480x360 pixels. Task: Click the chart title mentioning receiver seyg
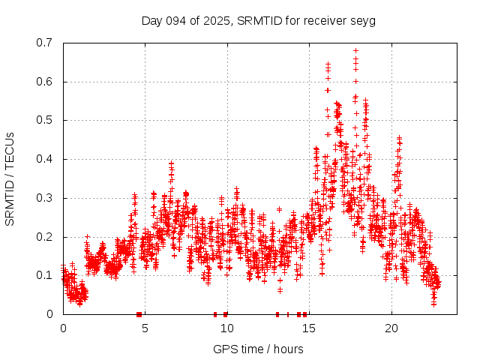point(258,20)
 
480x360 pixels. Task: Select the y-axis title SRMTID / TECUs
point(10,179)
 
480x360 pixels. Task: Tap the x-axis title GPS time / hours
point(258,349)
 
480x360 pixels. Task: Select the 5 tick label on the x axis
point(145,328)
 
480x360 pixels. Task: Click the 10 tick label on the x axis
point(227,328)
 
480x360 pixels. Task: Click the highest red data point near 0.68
point(355,51)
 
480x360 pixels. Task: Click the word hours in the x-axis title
point(288,349)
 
